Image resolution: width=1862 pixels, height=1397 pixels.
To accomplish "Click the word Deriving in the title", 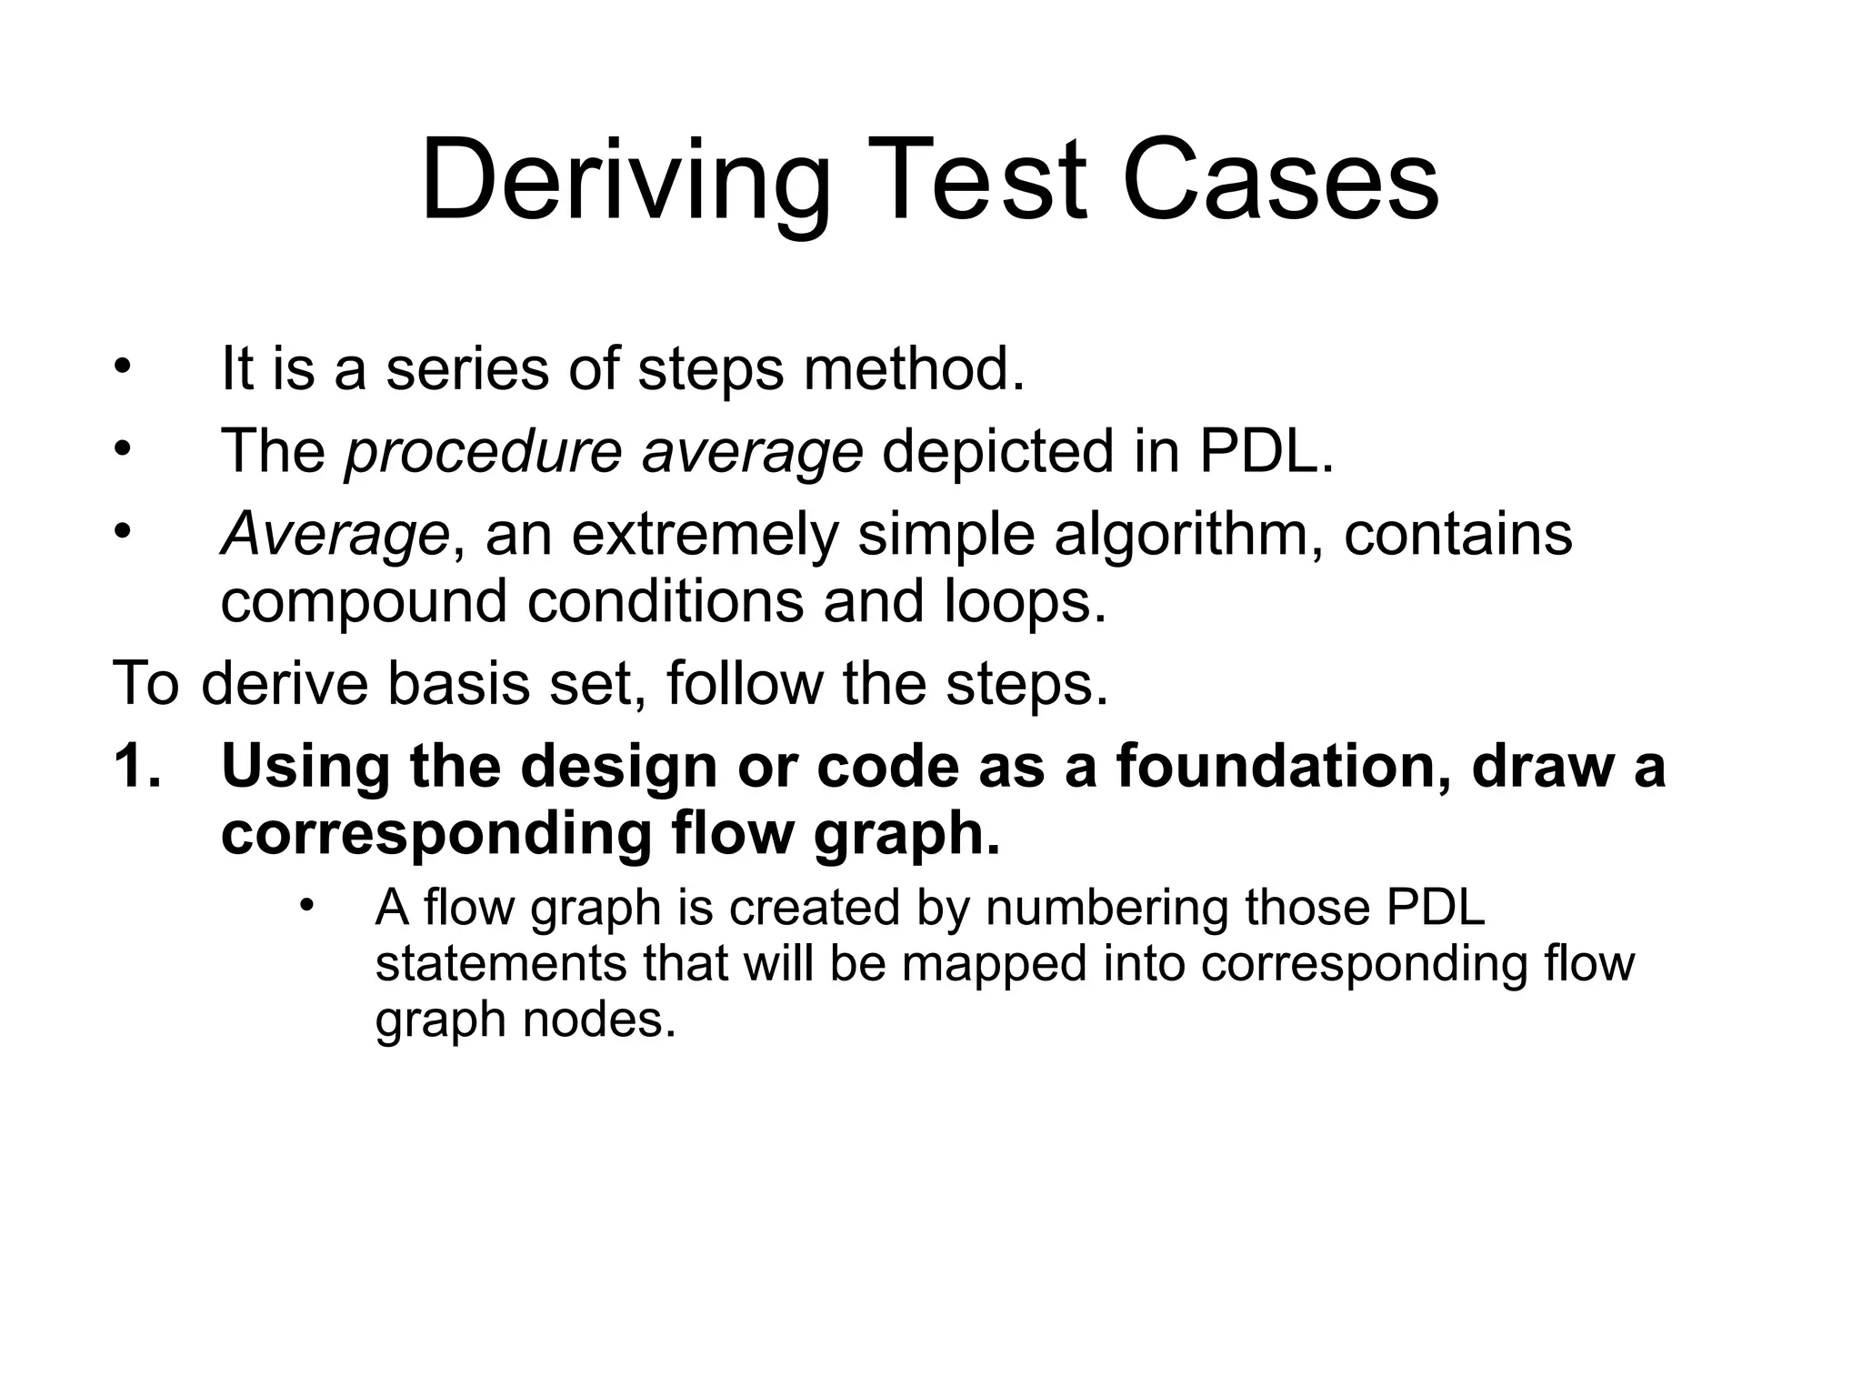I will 626,181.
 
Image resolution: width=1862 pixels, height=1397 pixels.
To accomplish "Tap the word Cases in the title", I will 1281,181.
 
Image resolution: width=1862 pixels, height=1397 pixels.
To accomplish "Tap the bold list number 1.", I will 136,766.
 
